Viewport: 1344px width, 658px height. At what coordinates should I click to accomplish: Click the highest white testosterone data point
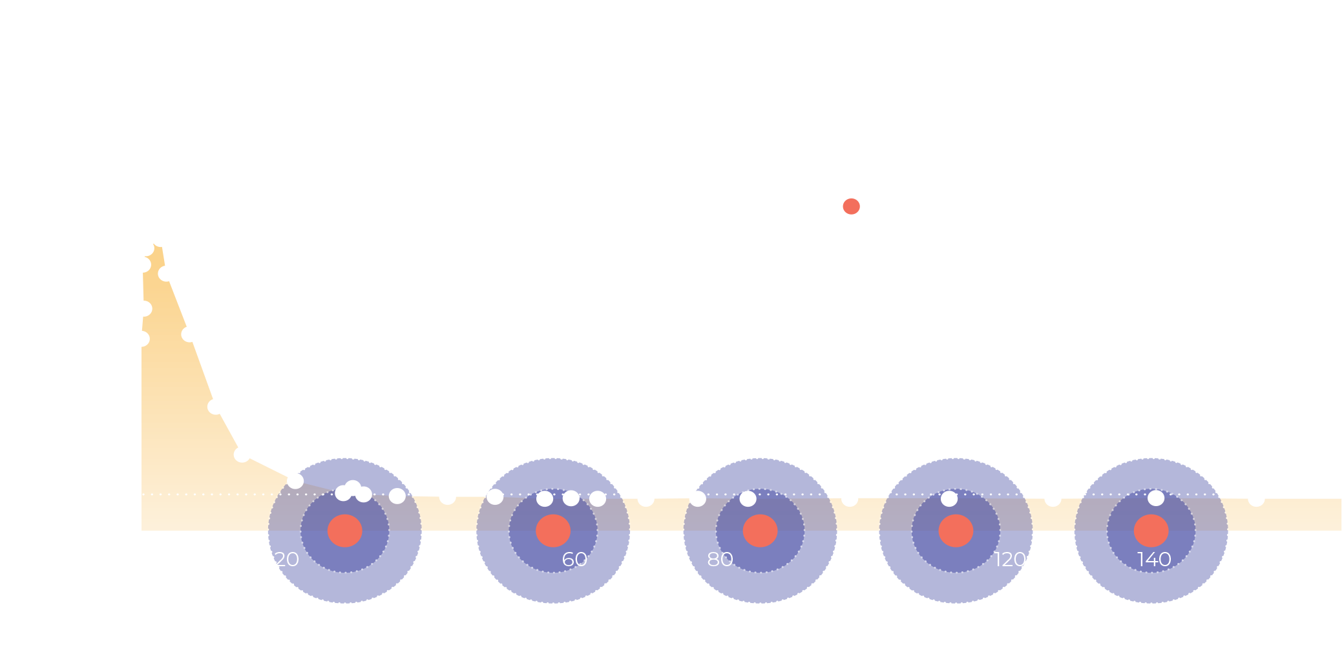(161, 239)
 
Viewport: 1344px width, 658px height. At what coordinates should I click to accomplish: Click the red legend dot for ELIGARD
(851, 207)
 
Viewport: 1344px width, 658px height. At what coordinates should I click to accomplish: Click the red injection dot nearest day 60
(553, 531)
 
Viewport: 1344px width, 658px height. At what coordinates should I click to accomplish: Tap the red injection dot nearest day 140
(1151, 531)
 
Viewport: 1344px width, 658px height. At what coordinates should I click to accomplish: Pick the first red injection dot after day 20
(344, 531)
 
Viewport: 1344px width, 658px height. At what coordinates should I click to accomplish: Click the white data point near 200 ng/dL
(216, 407)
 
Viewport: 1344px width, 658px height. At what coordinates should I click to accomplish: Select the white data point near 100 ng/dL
(242, 454)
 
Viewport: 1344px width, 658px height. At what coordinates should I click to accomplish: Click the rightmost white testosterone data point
(1256, 498)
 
